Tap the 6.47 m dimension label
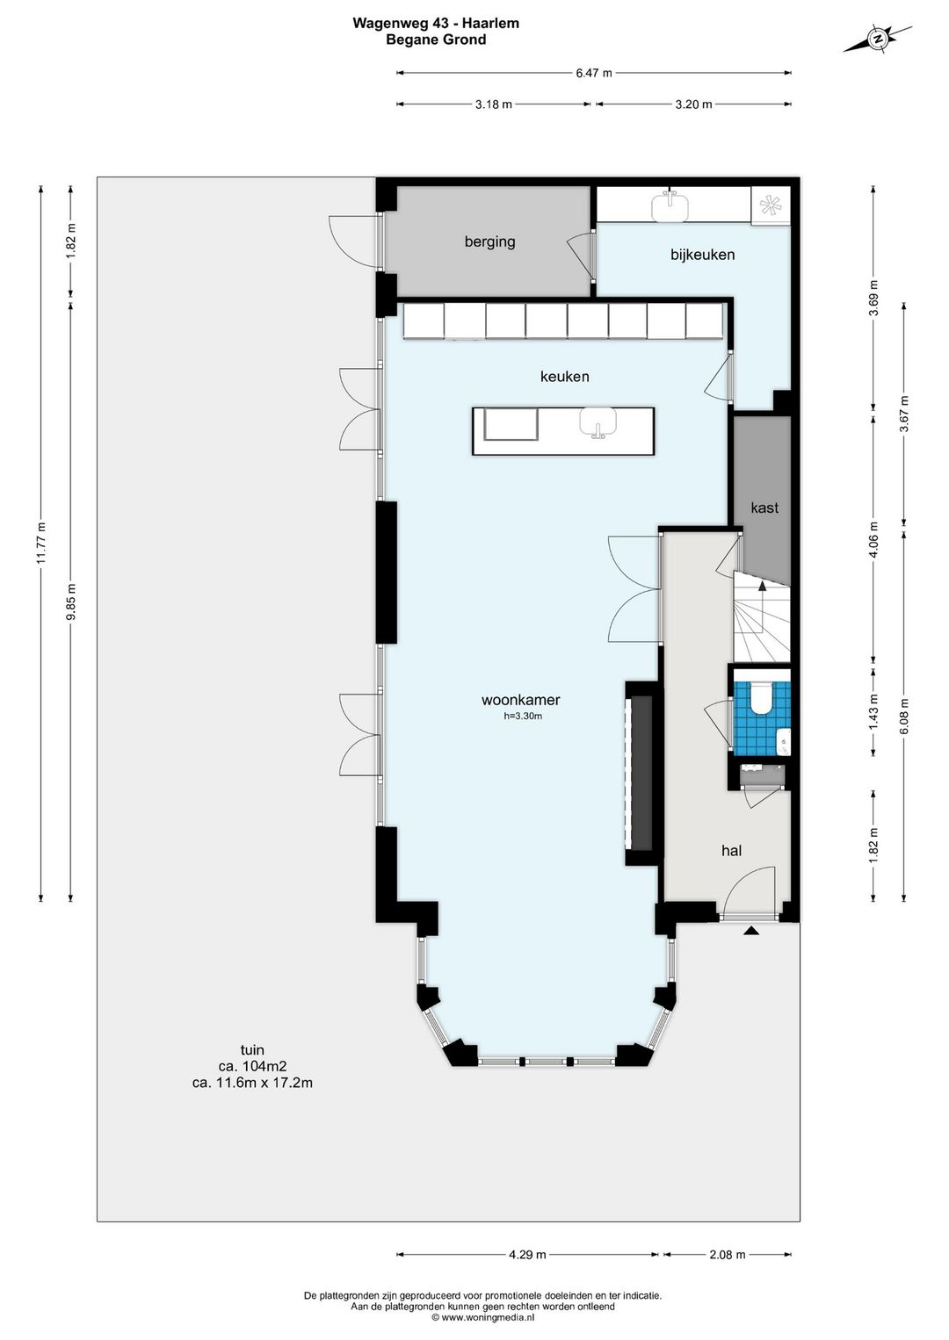(594, 73)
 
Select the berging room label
(489, 241)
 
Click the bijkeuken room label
(702, 255)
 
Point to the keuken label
(565, 377)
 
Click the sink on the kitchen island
(598, 421)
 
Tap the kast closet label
(764, 508)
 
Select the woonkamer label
(521, 699)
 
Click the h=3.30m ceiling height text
(523, 716)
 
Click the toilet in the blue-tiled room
(761, 698)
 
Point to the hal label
(732, 851)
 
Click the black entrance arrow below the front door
(751, 930)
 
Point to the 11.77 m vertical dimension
(40, 544)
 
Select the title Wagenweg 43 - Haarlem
(436, 24)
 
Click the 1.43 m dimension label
(874, 710)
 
